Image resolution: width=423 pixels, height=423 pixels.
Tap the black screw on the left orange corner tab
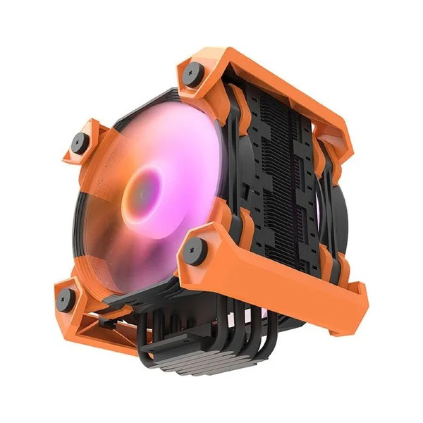coord(80,143)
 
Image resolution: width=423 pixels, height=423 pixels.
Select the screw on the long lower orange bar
coord(194,251)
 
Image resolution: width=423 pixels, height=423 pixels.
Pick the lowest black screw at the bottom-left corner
coord(66,299)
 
